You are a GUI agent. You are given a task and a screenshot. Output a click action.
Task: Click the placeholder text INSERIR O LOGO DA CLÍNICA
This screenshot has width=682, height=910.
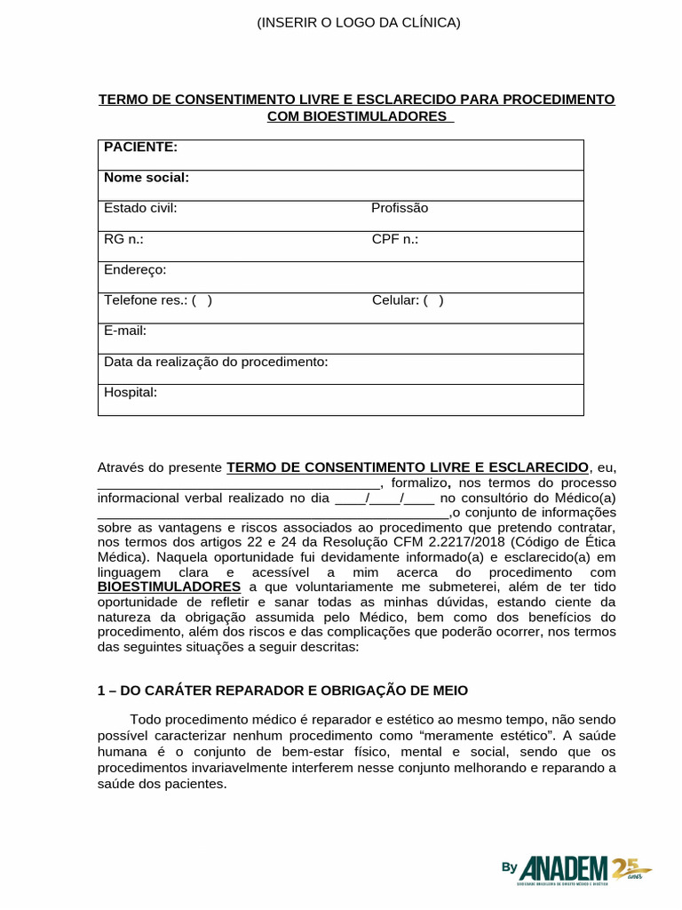(x=359, y=22)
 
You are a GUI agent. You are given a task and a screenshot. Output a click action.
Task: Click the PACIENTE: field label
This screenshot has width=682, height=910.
(x=140, y=147)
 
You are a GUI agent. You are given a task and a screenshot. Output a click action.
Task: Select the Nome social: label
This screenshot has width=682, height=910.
(x=147, y=178)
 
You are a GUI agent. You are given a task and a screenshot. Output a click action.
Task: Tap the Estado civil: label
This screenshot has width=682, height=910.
(x=140, y=208)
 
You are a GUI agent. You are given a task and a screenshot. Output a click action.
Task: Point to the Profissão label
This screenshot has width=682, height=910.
(x=400, y=208)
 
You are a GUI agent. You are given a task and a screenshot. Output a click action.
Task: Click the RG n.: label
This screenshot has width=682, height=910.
(x=123, y=239)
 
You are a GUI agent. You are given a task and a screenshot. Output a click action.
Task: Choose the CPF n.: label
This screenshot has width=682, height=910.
(x=395, y=239)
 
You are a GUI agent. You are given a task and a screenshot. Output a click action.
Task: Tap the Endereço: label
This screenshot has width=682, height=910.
(x=135, y=269)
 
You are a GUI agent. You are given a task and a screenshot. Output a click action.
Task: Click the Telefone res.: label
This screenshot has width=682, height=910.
(x=147, y=300)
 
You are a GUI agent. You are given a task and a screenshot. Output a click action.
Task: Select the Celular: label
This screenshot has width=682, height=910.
(x=396, y=300)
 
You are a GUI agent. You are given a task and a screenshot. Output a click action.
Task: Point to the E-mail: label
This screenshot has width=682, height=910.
(x=125, y=331)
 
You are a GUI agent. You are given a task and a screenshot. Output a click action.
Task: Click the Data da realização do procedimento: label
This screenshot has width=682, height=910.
(x=216, y=362)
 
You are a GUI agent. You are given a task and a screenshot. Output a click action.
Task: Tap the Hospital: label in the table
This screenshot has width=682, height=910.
(x=131, y=392)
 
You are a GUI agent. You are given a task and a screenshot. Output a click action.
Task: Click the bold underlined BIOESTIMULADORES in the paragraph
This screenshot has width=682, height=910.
(x=169, y=587)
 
